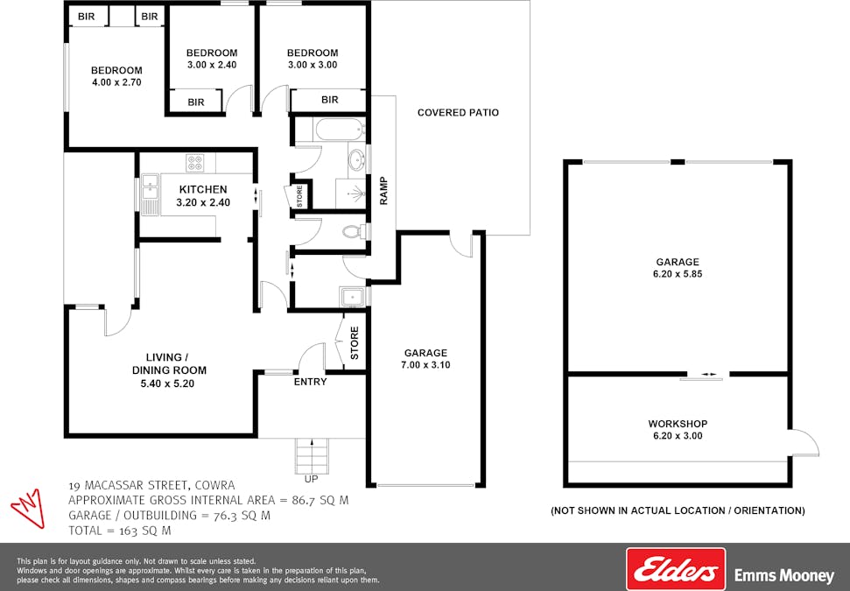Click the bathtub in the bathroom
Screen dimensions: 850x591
point(340,130)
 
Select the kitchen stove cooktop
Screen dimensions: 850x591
point(195,163)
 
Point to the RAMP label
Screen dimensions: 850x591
point(383,191)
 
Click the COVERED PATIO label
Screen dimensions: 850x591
point(458,113)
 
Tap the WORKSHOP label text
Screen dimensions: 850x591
point(678,424)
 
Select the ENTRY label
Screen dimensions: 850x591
point(310,382)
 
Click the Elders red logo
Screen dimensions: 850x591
point(676,569)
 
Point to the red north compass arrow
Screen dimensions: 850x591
point(28,507)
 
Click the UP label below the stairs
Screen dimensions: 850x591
point(311,479)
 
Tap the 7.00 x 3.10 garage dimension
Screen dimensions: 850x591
point(425,365)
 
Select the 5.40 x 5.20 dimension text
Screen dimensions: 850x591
point(167,383)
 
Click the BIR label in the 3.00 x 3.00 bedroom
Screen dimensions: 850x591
point(330,100)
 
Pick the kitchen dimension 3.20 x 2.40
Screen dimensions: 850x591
point(203,202)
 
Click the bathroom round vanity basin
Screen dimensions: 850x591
point(356,160)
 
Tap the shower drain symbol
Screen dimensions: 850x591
point(356,193)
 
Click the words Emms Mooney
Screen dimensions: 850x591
point(783,575)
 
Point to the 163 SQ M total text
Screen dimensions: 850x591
point(144,531)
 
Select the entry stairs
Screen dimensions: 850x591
point(312,456)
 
